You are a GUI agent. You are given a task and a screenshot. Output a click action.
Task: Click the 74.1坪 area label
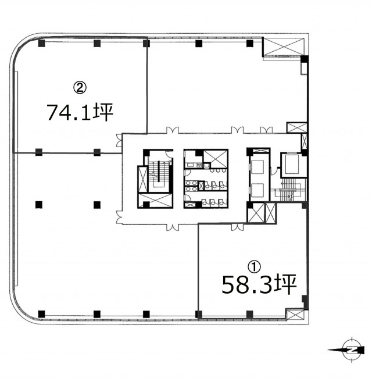point(80,112)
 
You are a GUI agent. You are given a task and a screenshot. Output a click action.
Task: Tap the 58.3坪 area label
point(259,284)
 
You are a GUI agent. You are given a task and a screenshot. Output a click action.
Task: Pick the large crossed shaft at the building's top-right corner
point(283,47)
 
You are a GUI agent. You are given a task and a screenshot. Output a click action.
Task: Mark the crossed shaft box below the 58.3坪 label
point(295,315)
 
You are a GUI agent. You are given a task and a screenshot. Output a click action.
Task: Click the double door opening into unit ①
point(237,227)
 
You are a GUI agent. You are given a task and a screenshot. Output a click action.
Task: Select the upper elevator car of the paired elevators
point(257,167)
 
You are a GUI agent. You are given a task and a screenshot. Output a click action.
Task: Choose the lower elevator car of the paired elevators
point(257,190)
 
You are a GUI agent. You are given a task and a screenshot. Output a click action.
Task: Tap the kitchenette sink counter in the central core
point(194,165)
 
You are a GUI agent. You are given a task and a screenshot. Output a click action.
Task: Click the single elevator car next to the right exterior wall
point(292,164)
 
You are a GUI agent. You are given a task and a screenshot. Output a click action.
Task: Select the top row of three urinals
point(219,170)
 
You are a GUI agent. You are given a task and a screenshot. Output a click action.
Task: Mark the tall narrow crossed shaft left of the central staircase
point(142,179)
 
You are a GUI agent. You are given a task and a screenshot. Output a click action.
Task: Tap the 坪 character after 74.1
point(104,112)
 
